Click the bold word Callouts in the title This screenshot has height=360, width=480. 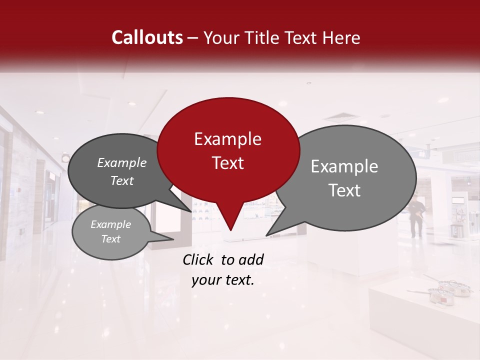[x=147, y=37]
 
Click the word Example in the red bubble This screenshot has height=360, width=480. [x=227, y=139]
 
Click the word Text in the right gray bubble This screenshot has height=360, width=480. [x=345, y=190]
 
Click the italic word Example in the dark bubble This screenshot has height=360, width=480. [x=121, y=163]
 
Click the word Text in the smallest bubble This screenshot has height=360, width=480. [x=110, y=239]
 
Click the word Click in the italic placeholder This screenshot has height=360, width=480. [x=199, y=259]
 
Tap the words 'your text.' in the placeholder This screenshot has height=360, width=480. [x=223, y=280]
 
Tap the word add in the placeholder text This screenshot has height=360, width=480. [x=251, y=259]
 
